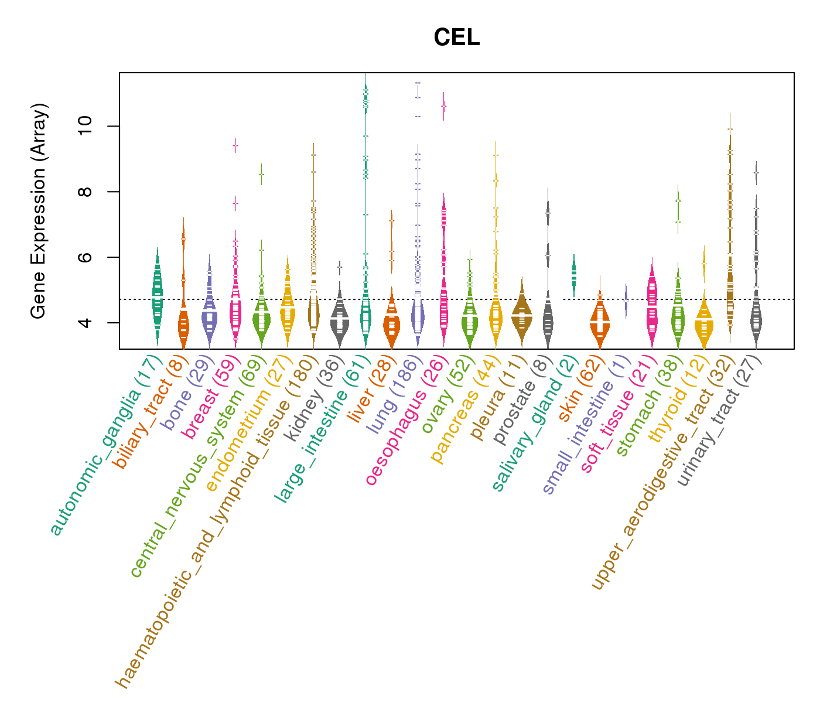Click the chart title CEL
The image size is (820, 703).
tap(457, 38)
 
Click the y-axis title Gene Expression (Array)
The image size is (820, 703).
tap(39, 211)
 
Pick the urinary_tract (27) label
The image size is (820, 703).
tap(719, 422)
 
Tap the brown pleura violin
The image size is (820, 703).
tap(522, 314)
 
